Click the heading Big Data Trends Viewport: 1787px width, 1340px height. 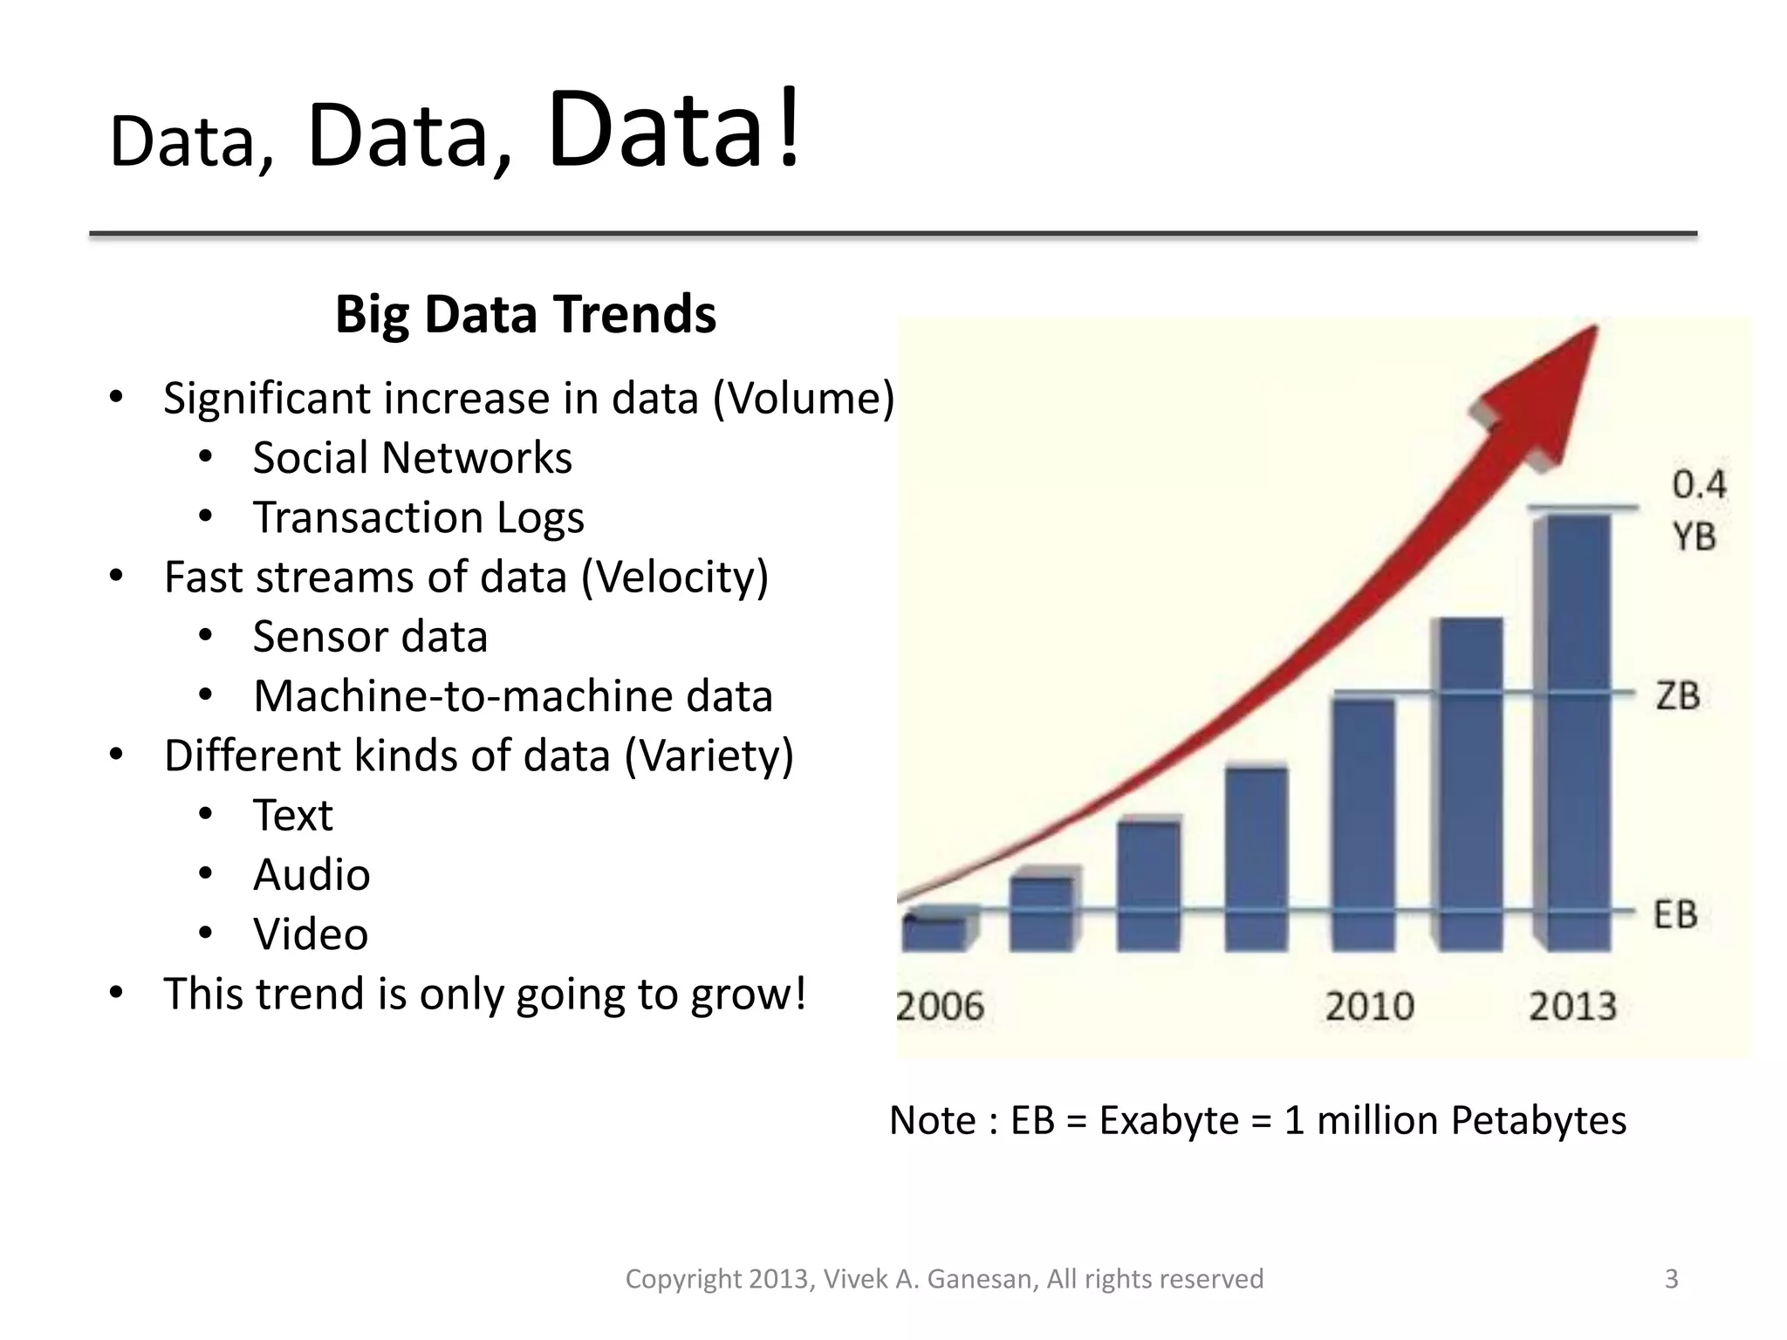click(x=525, y=315)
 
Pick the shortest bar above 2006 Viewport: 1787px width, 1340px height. click(x=935, y=932)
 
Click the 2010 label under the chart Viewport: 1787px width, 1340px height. click(x=1369, y=1007)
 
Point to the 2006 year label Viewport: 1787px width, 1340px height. click(x=940, y=1007)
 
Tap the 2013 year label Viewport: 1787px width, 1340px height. click(x=1572, y=1007)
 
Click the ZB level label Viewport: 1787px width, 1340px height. click(x=1678, y=696)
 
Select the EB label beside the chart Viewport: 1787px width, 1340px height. click(x=1675, y=915)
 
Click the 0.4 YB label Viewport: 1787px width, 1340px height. click(x=1697, y=510)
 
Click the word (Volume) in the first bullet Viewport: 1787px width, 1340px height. click(x=804, y=399)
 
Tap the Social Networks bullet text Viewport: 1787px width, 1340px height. click(x=412, y=458)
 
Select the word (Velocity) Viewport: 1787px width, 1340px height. click(x=674, y=578)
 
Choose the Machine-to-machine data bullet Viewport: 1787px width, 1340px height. click(x=513, y=696)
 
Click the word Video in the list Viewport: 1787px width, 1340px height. click(x=311, y=934)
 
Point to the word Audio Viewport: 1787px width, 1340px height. click(x=312, y=875)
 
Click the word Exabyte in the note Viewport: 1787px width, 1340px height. click(x=1168, y=1121)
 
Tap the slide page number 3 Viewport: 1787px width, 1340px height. click(x=1671, y=1279)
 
